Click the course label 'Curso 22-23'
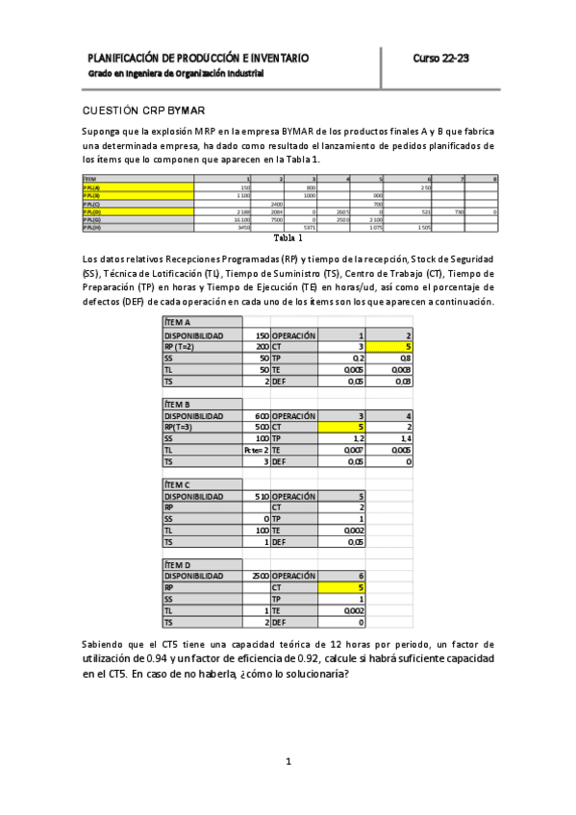pyautogui.click(x=440, y=59)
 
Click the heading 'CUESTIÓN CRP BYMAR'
pyautogui.click(x=143, y=111)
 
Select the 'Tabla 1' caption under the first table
pyautogui.click(x=288, y=237)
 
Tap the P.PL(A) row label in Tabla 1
pyautogui.click(x=92, y=186)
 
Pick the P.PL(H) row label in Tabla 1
pyautogui.click(x=92, y=227)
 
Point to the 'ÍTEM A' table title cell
pyautogui.click(x=179, y=323)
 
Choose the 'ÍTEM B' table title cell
pyautogui.click(x=179, y=404)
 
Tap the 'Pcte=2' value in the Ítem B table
pyautogui.click(x=256, y=449)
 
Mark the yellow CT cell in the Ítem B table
pyautogui.click(x=342, y=428)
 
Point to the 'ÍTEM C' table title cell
pyautogui.click(x=179, y=485)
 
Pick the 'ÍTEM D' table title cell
pyautogui.click(x=179, y=564)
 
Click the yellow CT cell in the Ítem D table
pyautogui.click(x=342, y=587)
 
